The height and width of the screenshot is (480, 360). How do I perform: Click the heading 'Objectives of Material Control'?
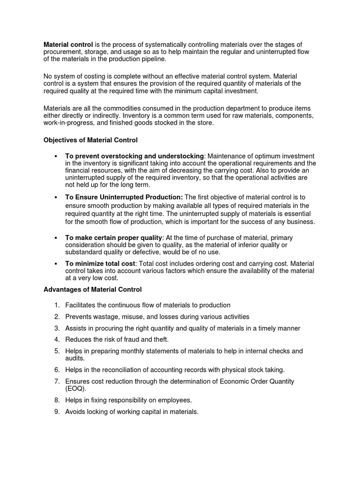[x=90, y=140]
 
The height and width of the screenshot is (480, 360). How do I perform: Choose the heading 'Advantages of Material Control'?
[x=92, y=290]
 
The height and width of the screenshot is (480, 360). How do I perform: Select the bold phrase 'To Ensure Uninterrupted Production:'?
[x=124, y=197]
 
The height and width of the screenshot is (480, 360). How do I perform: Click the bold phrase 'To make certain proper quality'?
[x=114, y=238]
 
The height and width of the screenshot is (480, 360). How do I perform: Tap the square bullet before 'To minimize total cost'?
[x=56, y=264]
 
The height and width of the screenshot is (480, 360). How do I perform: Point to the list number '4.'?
[x=57, y=339]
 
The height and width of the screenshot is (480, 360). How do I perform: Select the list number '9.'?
[x=57, y=412]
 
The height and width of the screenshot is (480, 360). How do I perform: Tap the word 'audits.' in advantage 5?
[x=76, y=358]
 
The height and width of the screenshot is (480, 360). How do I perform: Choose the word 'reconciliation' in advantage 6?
[x=121, y=370]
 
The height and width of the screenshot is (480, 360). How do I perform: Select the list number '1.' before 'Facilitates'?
[x=57, y=305]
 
